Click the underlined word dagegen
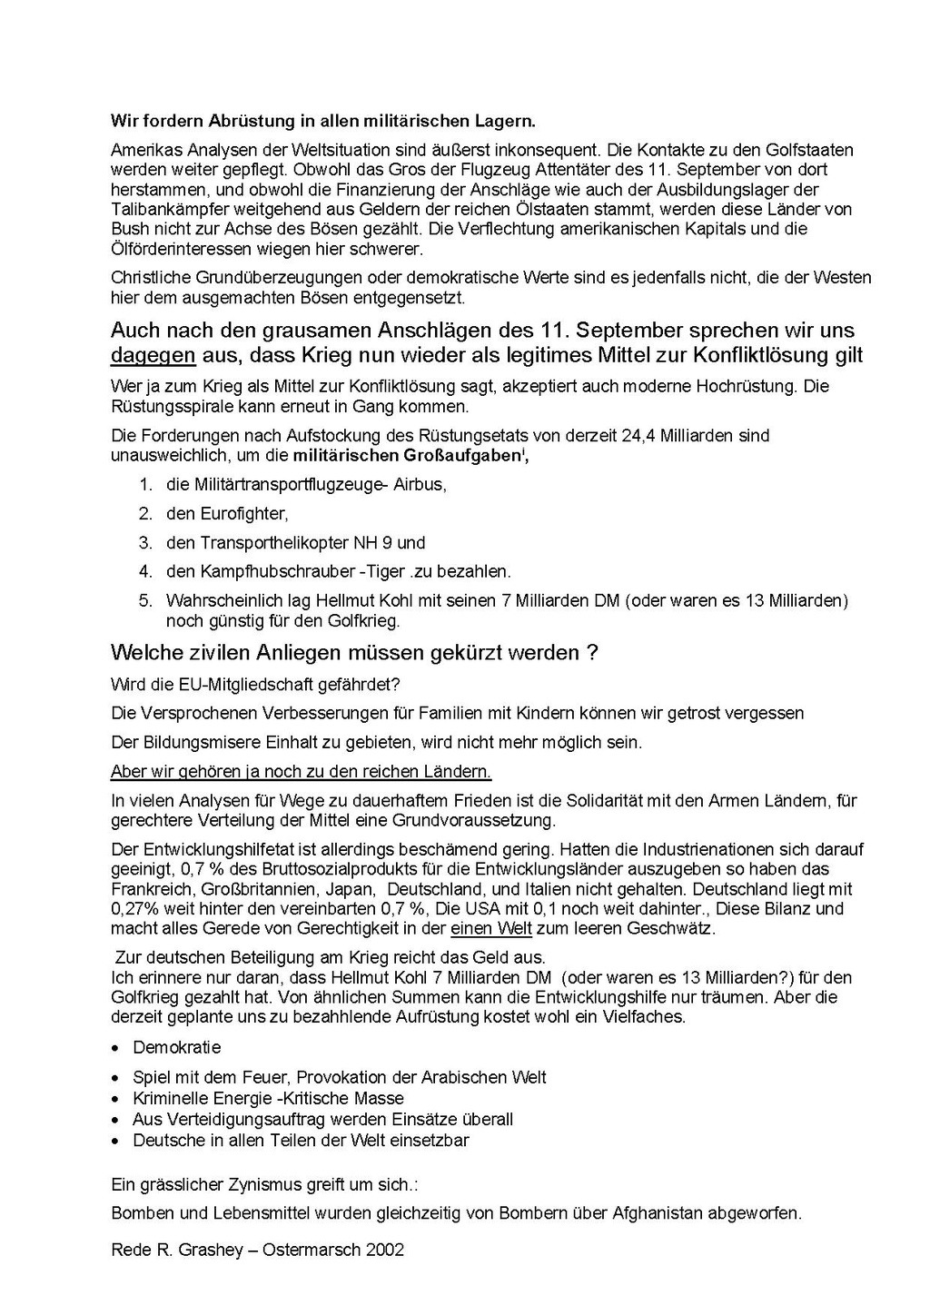tap(153, 355)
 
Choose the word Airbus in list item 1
tap(420, 484)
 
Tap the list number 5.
tap(145, 601)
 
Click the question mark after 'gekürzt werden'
tap(592, 653)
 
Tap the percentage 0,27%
tap(133, 909)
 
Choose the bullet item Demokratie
tap(177, 1047)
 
